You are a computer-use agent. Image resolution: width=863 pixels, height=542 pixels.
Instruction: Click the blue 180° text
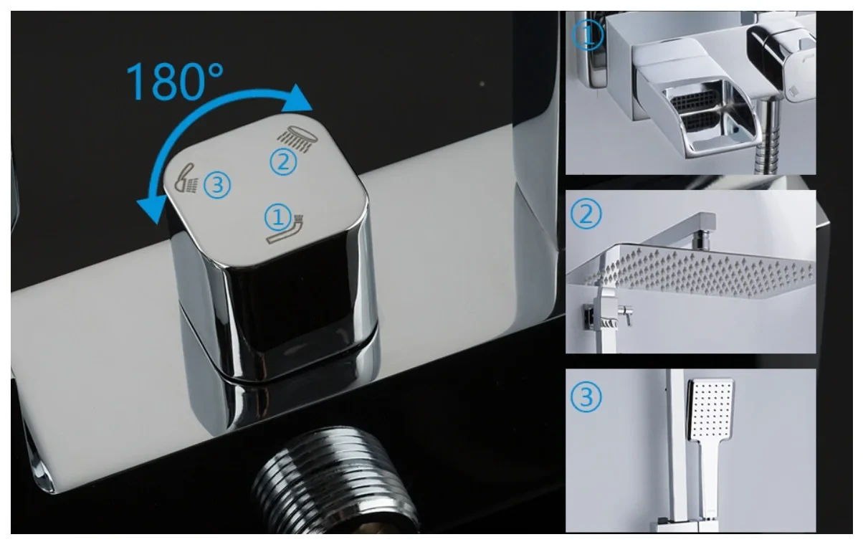(174, 82)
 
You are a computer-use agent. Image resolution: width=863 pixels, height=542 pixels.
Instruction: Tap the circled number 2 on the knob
(284, 162)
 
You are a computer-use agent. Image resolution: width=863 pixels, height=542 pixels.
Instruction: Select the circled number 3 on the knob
(217, 185)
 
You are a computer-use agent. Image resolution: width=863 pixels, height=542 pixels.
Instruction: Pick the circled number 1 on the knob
(278, 218)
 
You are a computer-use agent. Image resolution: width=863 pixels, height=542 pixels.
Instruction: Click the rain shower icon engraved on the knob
(297, 138)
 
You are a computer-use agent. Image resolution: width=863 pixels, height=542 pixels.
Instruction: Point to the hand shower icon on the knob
(186, 179)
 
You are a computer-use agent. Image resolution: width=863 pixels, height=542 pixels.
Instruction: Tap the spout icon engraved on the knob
(285, 230)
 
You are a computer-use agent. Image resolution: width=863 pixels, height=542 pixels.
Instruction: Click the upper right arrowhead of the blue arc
(297, 99)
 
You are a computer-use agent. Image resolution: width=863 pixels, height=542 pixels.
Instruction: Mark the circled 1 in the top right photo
(588, 34)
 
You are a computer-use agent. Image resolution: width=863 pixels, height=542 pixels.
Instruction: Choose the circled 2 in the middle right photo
(586, 214)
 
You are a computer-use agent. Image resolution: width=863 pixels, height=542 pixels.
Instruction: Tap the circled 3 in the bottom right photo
(586, 397)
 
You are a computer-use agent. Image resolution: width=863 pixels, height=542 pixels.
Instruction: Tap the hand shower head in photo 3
(711, 409)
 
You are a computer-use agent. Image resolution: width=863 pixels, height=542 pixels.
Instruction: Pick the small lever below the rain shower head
(626, 314)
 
